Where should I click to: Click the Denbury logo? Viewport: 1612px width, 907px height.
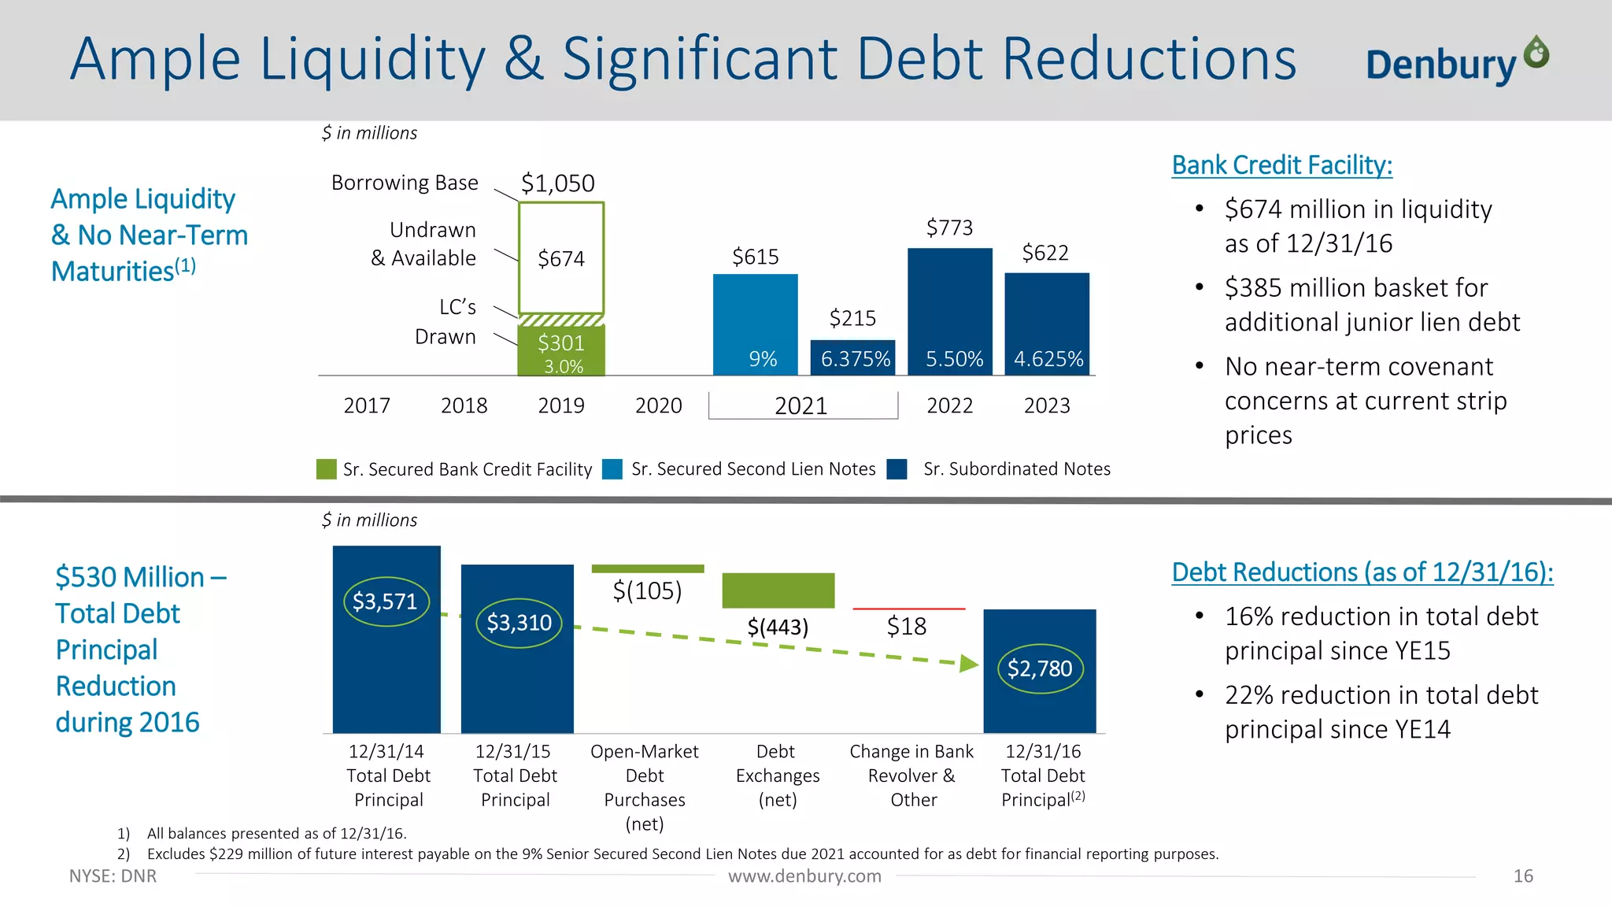point(1456,61)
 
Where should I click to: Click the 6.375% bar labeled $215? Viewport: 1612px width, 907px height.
point(853,357)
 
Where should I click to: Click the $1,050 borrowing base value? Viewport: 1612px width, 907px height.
point(557,183)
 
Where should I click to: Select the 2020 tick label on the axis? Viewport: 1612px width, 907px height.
point(658,405)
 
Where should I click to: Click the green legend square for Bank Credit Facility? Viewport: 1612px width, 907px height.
point(326,469)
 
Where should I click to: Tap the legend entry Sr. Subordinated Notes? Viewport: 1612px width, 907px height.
point(1015,469)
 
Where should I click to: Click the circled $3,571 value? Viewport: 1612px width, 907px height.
point(385,602)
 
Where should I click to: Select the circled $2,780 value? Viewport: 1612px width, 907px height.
point(1040,668)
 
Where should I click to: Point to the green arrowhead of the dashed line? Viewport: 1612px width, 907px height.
point(969,665)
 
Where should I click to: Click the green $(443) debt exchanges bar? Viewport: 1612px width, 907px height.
point(778,590)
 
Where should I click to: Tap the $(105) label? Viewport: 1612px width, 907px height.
point(647,590)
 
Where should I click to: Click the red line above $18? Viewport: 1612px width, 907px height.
point(908,609)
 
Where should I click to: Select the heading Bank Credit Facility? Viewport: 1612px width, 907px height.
point(1281,165)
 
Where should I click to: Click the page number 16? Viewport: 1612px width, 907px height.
point(1522,876)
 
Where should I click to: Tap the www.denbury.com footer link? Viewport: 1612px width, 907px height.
point(804,876)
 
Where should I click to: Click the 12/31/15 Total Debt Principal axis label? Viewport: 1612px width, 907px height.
point(515,776)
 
